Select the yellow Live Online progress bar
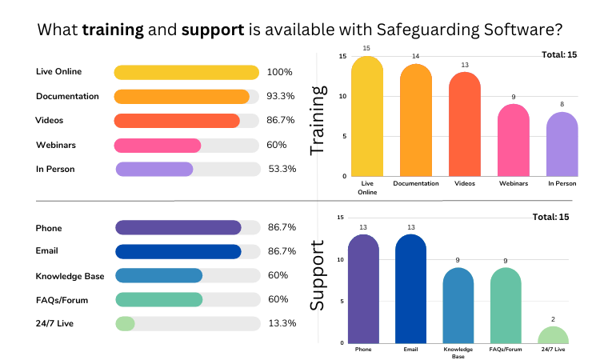(186, 73)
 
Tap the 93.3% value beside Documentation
(280, 97)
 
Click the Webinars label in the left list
(56, 145)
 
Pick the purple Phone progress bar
(178, 228)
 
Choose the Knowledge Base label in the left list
(70, 276)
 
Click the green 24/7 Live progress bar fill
(125, 323)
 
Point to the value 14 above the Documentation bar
(415, 57)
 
